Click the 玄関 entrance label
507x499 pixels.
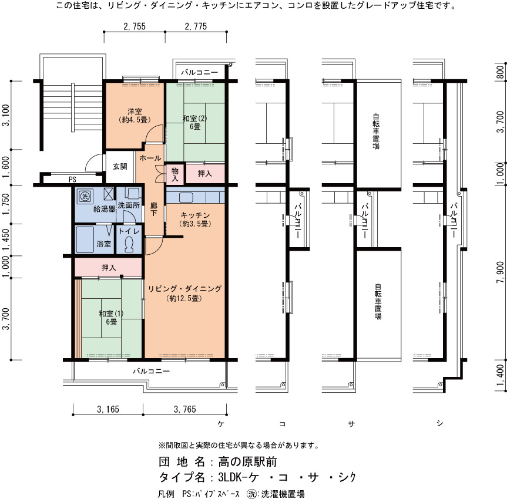click(120, 167)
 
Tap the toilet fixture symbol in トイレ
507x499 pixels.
click(129, 244)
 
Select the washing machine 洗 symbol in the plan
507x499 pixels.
click(85, 196)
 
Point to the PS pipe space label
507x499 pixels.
click(72, 180)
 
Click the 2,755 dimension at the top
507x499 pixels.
click(135, 26)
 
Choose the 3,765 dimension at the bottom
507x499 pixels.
click(184, 410)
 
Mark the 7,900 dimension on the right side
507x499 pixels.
click(500, 272)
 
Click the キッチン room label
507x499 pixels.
click(195, 215)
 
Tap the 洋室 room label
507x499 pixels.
click(135, 112)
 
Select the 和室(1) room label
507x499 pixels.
click(111, 313)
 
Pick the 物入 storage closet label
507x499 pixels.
click(175, 174)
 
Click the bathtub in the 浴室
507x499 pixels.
click(85, 240)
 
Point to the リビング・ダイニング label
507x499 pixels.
click(184, 289)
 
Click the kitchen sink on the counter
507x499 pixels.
click(186, 197)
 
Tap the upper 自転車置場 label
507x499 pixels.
click(376, 131)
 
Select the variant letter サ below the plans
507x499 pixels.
click(351, 423)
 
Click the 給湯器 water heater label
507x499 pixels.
click(105, 209)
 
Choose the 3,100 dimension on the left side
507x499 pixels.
click(6, 116)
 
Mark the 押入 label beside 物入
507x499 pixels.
click(204, 174)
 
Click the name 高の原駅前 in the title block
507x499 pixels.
click(247, 462)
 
